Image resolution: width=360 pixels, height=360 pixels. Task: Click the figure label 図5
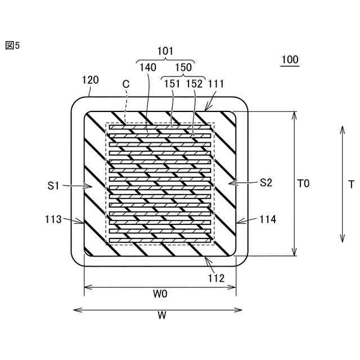point(12,46)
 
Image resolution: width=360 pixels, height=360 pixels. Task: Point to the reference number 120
point(91,80)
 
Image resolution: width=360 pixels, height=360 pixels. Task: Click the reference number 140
point(147,67)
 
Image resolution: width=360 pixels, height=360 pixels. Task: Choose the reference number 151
point(172,83)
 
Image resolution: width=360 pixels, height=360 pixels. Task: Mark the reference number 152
point(195,83)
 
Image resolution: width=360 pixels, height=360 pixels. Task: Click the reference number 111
point(216,83)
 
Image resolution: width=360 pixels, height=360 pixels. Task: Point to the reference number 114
point(268,219)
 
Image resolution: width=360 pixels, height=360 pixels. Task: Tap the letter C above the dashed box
point(126,83)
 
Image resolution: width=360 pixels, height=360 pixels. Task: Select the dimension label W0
point(160,294)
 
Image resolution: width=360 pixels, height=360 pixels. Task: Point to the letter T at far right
point(351,184)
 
